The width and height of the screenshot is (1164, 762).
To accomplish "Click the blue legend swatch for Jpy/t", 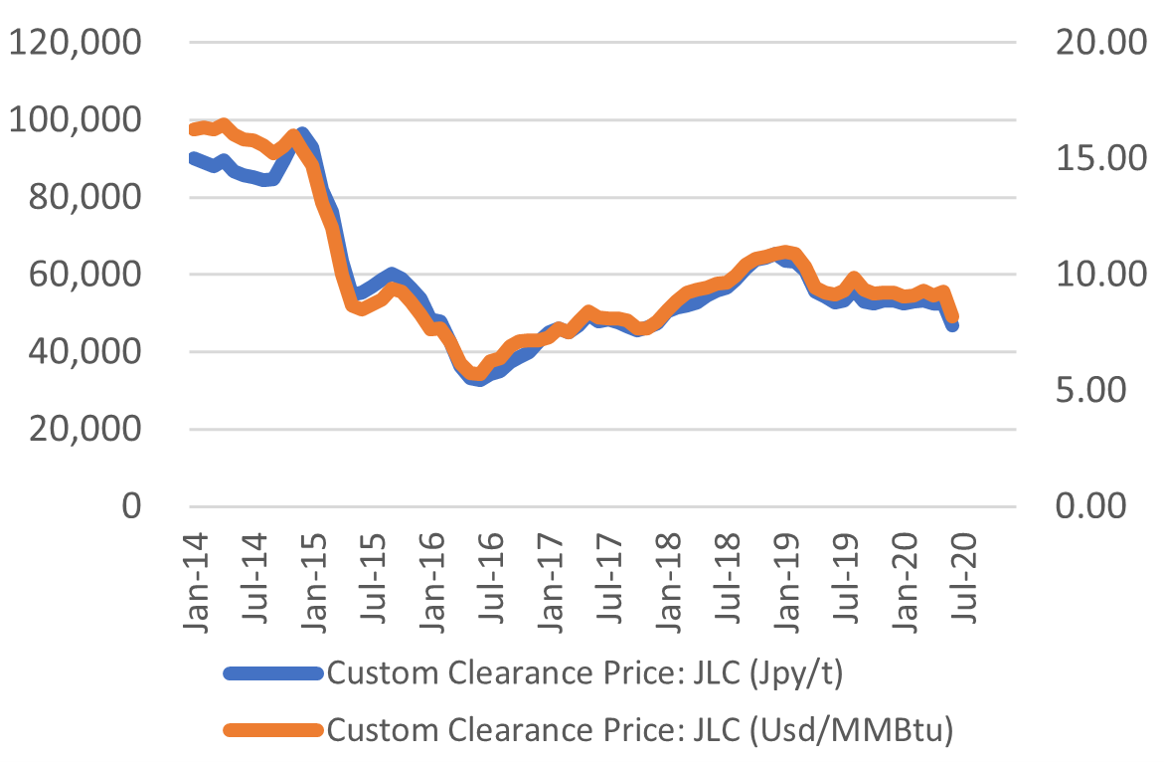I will [x=273, y=674].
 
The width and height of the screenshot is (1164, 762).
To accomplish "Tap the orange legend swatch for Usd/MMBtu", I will [x=273, y=731].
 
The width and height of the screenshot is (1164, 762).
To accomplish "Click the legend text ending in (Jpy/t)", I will [x=584, y=674].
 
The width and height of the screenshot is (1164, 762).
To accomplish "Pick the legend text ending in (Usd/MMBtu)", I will [x=640, y=731].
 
